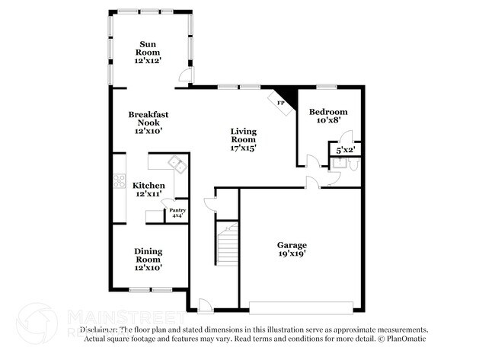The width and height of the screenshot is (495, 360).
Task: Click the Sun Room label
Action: [x=148, y=49]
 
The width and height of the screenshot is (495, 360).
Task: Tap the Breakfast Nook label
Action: [x=148, y=123]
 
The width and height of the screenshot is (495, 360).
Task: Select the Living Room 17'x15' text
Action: [x=244, y=139]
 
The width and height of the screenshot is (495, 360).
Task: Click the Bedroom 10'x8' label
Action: [x=328, y=115]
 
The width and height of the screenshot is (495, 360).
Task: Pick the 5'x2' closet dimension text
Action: [x=345, y=150]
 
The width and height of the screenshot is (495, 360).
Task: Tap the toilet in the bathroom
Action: [x=351, y=163]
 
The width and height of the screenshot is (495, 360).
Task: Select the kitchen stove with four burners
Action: [x=118, y=181]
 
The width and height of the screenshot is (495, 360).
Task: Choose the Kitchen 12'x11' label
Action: [x=148, y=190]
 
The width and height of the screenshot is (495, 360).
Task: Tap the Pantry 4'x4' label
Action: [x=177, y=213]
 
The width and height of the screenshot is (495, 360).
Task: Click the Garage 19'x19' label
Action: [x=292, y=250]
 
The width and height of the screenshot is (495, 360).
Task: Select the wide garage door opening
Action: [x=301, y=307]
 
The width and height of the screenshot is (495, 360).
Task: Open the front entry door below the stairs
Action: [x=204, y=306]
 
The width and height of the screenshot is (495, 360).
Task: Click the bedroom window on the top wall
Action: [x=327, y=86]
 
